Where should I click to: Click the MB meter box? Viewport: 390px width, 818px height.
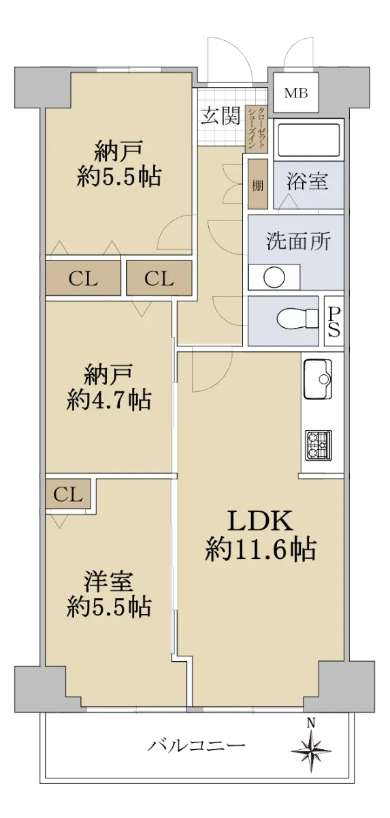[x=296, y=93]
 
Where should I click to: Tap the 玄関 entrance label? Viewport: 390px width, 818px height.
[x=221, y=117]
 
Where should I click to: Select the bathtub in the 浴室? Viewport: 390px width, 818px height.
[x=308, y=140]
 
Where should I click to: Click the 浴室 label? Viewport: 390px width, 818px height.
[x=307, y=181]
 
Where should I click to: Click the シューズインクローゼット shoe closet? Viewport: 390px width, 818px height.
[x=257, y=130]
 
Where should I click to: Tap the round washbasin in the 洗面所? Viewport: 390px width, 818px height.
[x=274, y=278]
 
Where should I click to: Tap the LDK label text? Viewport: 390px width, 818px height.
[x=260, y=521]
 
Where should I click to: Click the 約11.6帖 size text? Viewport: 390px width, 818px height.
[x=260, y=549]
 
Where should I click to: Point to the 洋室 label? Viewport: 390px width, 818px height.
[x=109, y=581]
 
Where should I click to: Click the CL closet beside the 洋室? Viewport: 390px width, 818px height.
[x=68, y=495]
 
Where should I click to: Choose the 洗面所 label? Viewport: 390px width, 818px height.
[x=298, y=241]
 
